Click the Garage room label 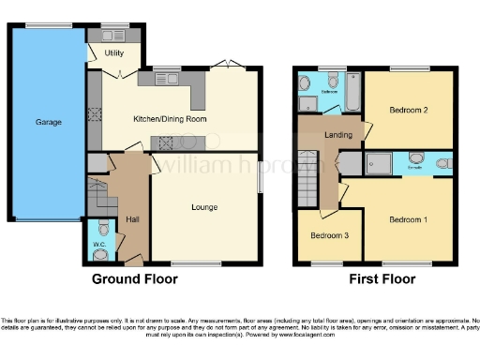[49, 122]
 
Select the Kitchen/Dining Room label [170, 119]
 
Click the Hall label [132, 219]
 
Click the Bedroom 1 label [408, 218]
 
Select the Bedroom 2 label [408, 110]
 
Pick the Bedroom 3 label [330, 234]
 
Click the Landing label [338, 135]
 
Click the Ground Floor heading [134, 278]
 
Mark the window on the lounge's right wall [260, 179]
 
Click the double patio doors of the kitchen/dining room [229, 64]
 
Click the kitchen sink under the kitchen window [166, 80]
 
